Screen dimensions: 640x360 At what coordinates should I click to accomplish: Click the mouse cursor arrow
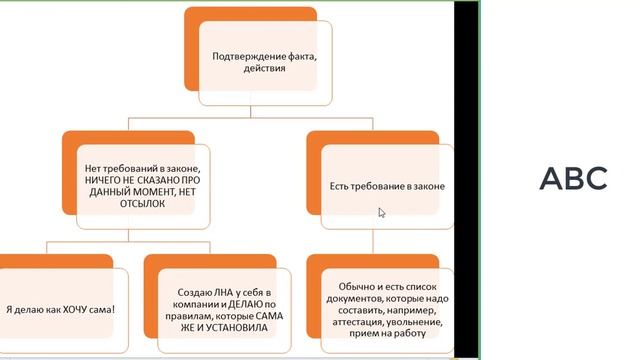click(x=382, y=212)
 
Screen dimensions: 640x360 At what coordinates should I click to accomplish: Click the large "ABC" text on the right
click(x=573, y=178)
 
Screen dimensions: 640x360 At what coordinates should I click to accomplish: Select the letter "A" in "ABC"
click(x=551, y=178)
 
